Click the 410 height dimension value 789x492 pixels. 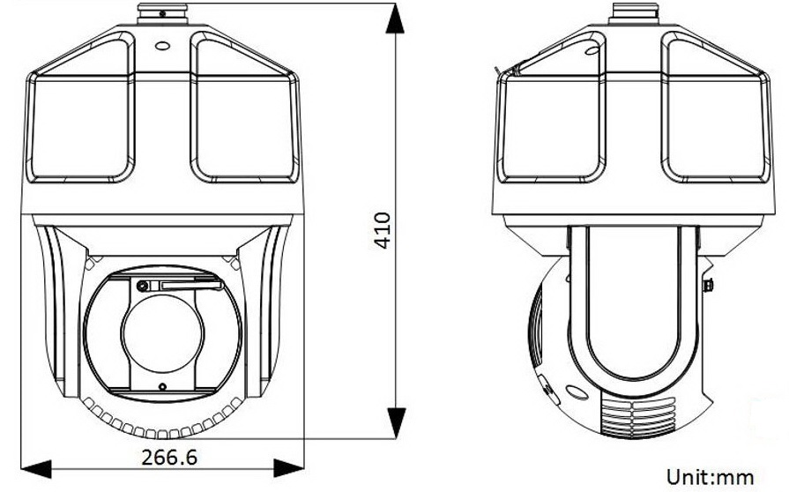(x=382, y=230)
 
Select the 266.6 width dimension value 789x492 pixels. (x=168, y=458)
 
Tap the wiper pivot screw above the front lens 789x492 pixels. (x=141, y=285)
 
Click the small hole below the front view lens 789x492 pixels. (x=162, y=387)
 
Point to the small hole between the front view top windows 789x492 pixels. (x=162, y=48)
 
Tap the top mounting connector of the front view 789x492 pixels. (x=162, y=15)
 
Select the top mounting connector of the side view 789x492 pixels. (x=635, y=15)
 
